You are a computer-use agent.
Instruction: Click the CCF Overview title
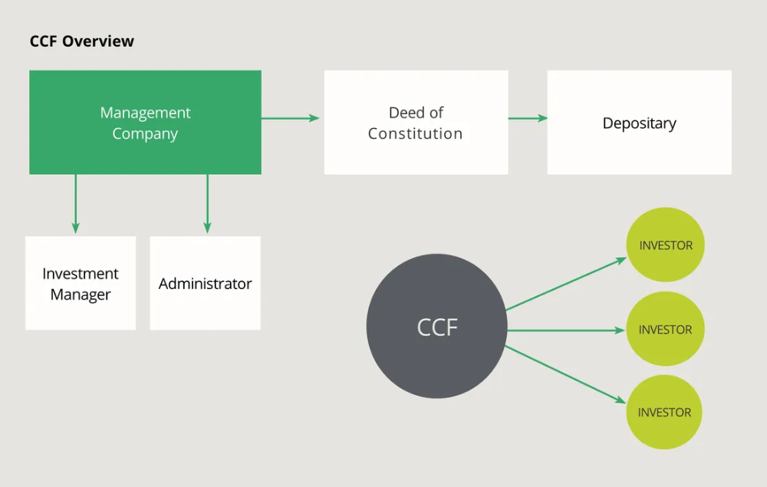point(81,41)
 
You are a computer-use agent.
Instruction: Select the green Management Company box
point(145,123)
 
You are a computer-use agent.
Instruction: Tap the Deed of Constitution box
point(416,123)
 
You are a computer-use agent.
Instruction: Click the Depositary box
point(639,123)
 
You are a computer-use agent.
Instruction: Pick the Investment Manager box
point(81,283)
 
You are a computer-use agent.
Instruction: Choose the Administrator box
point(205,283)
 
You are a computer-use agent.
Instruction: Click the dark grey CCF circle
point(436,327)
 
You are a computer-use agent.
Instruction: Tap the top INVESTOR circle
point(665,245)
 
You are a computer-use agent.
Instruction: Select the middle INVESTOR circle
point(665,329)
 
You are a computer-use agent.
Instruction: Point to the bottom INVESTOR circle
point(664,412)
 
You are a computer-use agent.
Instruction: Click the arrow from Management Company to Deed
point(291,118)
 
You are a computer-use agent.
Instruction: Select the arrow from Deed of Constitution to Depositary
point(528,118)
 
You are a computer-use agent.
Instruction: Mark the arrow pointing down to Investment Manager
point(75,203)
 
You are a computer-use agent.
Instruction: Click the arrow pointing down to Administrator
point(207,203)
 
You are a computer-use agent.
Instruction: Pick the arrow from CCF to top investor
point(566,285)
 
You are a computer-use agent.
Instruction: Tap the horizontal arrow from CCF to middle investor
point(566,331)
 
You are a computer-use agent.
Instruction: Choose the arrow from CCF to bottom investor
point(566,373)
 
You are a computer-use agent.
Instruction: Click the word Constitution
point(415,133)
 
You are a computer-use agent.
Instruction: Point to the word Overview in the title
point(98,41)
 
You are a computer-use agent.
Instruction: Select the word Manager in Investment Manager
point(81,295)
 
